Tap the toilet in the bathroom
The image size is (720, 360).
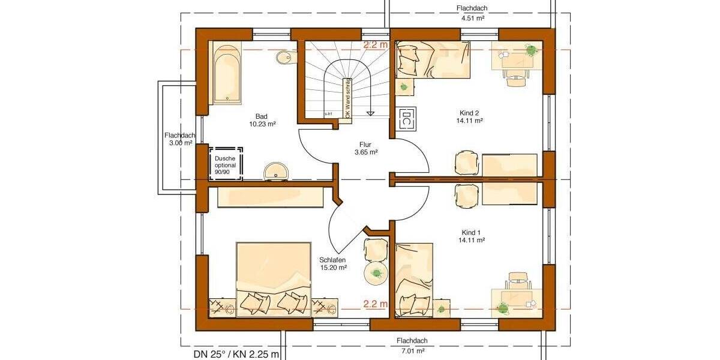point(286,58)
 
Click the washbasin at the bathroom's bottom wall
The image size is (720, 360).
point(277,170)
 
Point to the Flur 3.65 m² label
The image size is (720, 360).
point(366,148)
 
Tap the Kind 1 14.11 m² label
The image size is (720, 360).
point(472,236)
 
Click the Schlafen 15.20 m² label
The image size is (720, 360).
point(334,263)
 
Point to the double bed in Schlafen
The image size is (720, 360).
point(274,279)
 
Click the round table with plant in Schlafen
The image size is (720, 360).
point(377,273)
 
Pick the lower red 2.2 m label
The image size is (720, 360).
point(376,304)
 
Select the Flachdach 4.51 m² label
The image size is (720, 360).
point(472,13)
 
